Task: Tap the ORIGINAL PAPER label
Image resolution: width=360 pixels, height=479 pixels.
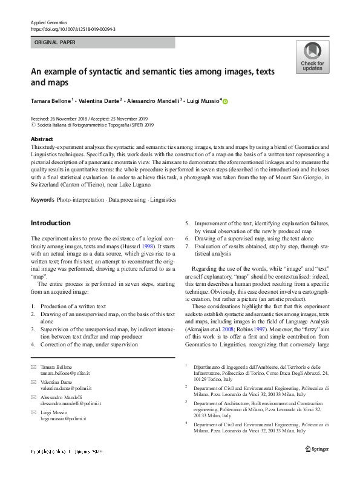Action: pos(56,43)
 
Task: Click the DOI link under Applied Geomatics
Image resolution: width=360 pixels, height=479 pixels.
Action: pos(73,29)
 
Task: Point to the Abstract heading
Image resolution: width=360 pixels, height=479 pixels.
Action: pos(42,139)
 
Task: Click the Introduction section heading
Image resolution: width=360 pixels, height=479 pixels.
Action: pos(51,223)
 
